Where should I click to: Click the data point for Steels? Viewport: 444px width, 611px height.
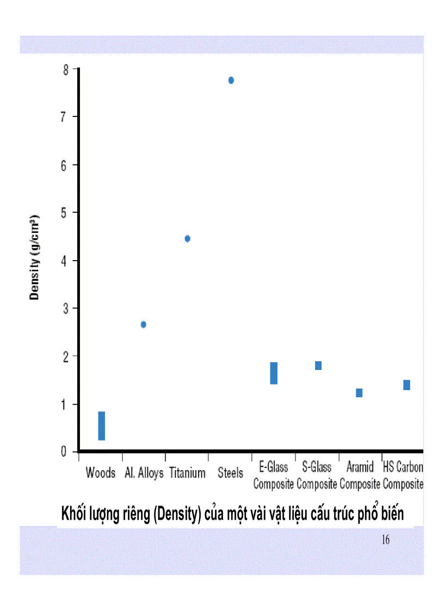[x=231, y=80]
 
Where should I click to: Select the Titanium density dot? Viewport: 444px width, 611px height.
[x=188, y=238]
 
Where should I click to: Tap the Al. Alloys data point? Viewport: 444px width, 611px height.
[x=144, y=324]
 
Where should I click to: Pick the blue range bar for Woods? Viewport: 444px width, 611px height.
[x=102, y=425]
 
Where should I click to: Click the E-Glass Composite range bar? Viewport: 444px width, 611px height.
[x=274, y=373]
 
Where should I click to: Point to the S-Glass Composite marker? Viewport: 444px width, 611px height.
[x=318, y=366]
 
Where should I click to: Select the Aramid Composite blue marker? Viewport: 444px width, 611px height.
[x=359, y=393]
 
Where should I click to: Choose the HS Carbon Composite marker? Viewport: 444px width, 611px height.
[x=406, y=385]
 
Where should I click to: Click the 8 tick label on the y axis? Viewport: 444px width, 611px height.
[x=66, y=69]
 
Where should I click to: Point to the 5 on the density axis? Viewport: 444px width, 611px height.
[x=66, y=212]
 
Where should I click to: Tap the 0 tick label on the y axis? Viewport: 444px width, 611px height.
[x=66, y=452]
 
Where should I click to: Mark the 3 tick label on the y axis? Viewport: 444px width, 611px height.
[x=66, y=308]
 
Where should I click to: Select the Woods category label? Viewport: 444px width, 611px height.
[x=101, y=473]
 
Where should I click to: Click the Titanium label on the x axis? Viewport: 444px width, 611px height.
[x=187, y=473]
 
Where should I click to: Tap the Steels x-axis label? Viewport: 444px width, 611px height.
[x=230, y=473]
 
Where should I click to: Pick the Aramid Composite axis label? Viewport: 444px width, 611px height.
[x=360, y=476]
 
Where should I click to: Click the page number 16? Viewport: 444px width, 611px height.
[x=386, y=540]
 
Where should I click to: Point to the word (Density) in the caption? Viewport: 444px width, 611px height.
[x=175, y=514]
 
